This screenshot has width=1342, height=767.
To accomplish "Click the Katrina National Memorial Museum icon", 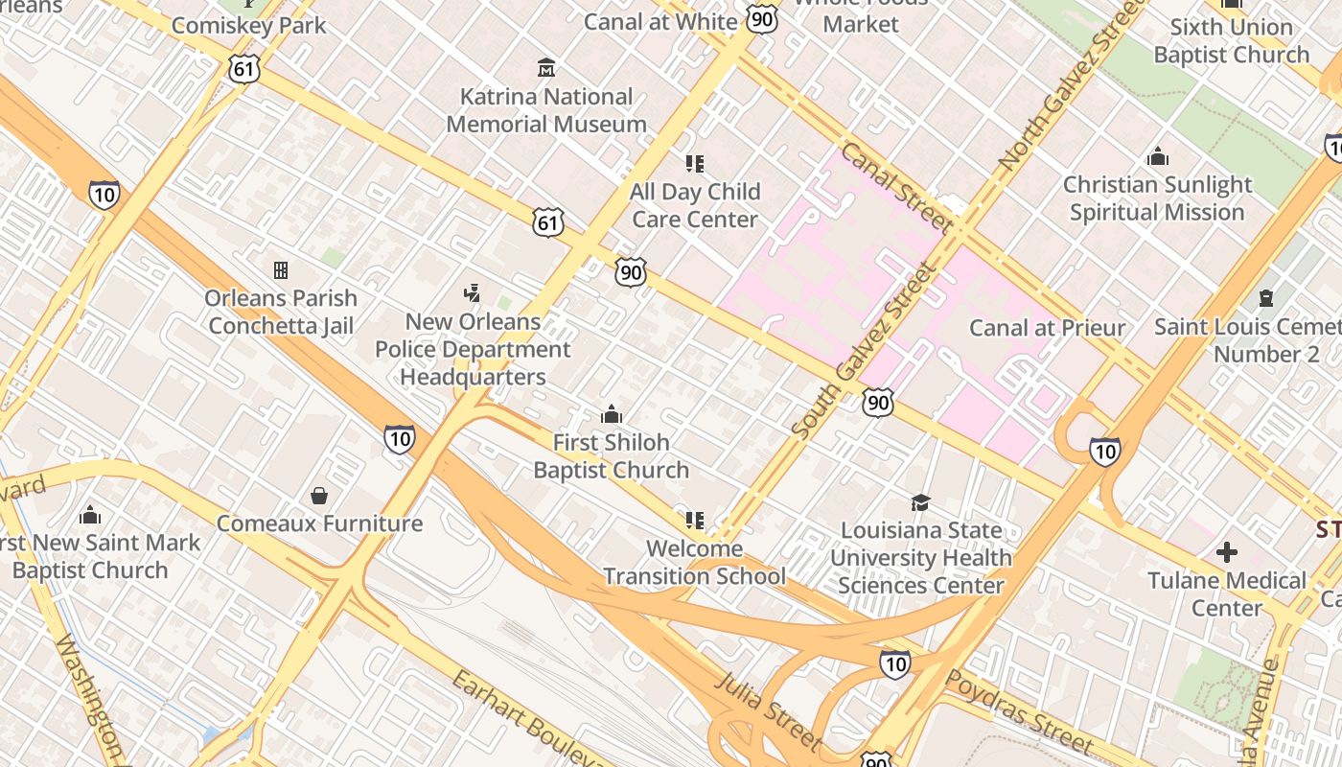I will click(x=546, y=68).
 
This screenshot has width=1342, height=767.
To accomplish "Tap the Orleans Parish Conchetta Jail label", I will click(x=281, y=312).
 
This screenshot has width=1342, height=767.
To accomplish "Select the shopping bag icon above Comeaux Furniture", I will click(x=319, y=496).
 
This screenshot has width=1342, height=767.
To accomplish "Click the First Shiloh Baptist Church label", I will click(x=611, y=456).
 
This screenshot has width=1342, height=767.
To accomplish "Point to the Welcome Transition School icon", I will click(x=695, y=521).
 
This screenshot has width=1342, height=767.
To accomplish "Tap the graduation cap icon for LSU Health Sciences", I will click(x=920, y=502).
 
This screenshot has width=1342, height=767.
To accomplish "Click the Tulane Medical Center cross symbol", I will click(x=1226, y=552).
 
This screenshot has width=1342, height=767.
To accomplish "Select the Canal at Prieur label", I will click(x=1047, y=328).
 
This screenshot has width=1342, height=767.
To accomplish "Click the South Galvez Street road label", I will click(x=863, y=352).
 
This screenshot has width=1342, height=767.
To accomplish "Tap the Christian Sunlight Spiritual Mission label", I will click(x=1157, y=198).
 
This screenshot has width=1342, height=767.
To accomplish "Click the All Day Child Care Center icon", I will click(x=695, y=164).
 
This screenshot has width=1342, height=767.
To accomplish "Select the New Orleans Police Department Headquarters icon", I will click(x=472, y=293).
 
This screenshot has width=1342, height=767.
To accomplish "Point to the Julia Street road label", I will click(x=768, y=709).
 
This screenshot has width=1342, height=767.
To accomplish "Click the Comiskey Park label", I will click(x=249, y=25).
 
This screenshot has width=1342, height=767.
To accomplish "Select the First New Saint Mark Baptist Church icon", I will click(x=90, y=515).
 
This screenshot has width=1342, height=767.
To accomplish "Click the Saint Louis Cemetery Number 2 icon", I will click(x=1266, y=298).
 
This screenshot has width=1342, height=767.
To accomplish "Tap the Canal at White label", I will click(x=660, y=21).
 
